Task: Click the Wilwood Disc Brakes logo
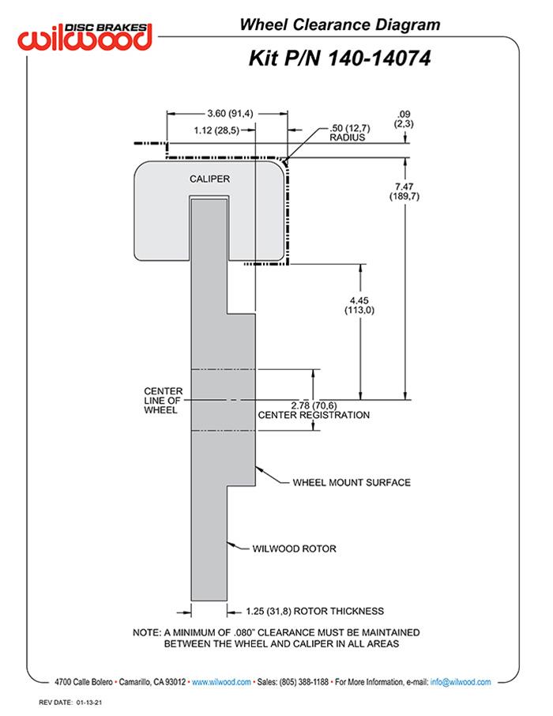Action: point(86,36)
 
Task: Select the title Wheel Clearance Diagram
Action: point(340,25)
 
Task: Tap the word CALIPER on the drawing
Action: point(209,179)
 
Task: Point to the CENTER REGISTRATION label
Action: point(314,415)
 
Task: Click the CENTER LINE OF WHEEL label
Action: point(164,401)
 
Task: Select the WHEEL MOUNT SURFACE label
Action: point(352,482)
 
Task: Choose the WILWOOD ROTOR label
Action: point(294,548)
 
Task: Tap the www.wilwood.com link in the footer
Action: point(221,681)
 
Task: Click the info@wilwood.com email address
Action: point(461,681)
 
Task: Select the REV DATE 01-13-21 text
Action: point(72,702)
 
